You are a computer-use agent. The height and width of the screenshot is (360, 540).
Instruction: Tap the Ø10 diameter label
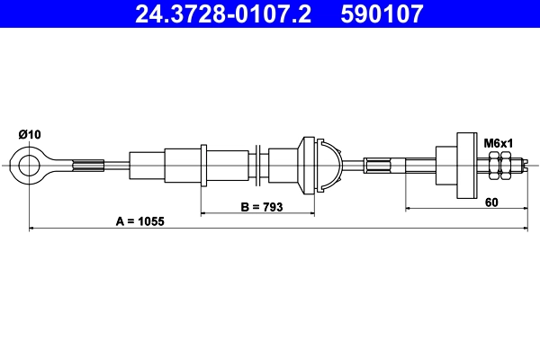pyautogui.click(x=30, y=134)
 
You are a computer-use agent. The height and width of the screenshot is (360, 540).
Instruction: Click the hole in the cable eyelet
pyautogui.click(x=30, y=165)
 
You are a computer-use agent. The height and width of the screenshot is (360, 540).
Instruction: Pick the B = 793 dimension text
pyautogui.click(x=262, y=207)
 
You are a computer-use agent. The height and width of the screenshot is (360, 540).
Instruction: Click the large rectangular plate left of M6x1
pyautogui.click(x=466, y=165)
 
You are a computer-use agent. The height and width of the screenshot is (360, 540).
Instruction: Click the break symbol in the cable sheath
pyautogui.click(x=258, y=165)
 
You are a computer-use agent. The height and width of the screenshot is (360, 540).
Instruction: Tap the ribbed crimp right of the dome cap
pyautogui.click(x=379, y=165)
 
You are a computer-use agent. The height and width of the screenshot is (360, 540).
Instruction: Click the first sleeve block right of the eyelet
pyautogui.click(x=147, y=165)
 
